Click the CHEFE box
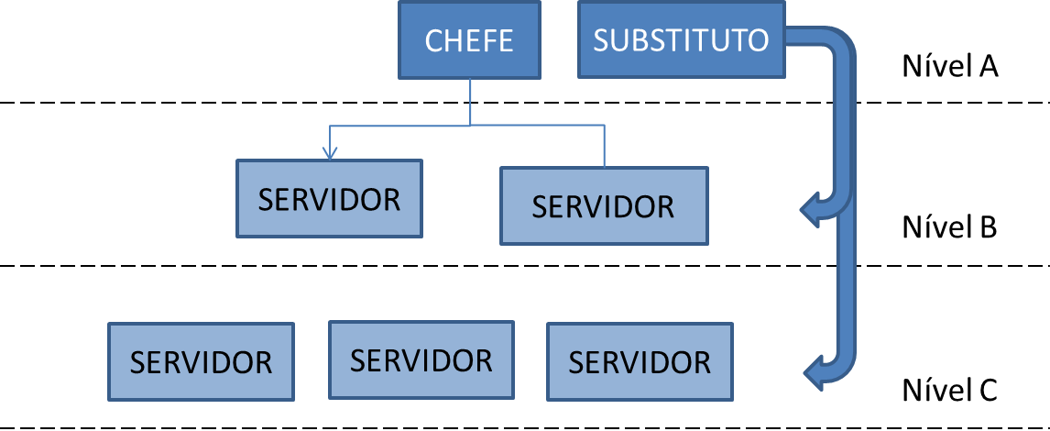click(x=469, y=40)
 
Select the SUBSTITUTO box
click(x=681, y=40)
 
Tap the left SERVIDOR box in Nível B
click(x=329, y=198)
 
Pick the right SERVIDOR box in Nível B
click(x=604, y=205)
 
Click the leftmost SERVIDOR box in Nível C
click(x=201, y=361)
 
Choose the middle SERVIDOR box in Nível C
click(x=421, y=359)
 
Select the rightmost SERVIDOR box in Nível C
click(x=640, y=361)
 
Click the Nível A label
click(x=950, y=67)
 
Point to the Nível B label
click(x=950, y=227)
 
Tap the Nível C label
click(x=950, y=391)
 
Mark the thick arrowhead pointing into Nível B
click(x=810, y=211)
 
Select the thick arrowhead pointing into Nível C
click(x=813, y=373)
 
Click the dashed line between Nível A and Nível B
click(x=183, y=103)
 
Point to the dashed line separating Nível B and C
click(x=183, y=267)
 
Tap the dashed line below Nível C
click(x=183, y=427)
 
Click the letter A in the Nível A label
click(x=986, y=67)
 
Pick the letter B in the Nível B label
click(x=987, y=227)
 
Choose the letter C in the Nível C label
click(x=987, y=391)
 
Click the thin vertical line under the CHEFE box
click(x=471, y=101)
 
